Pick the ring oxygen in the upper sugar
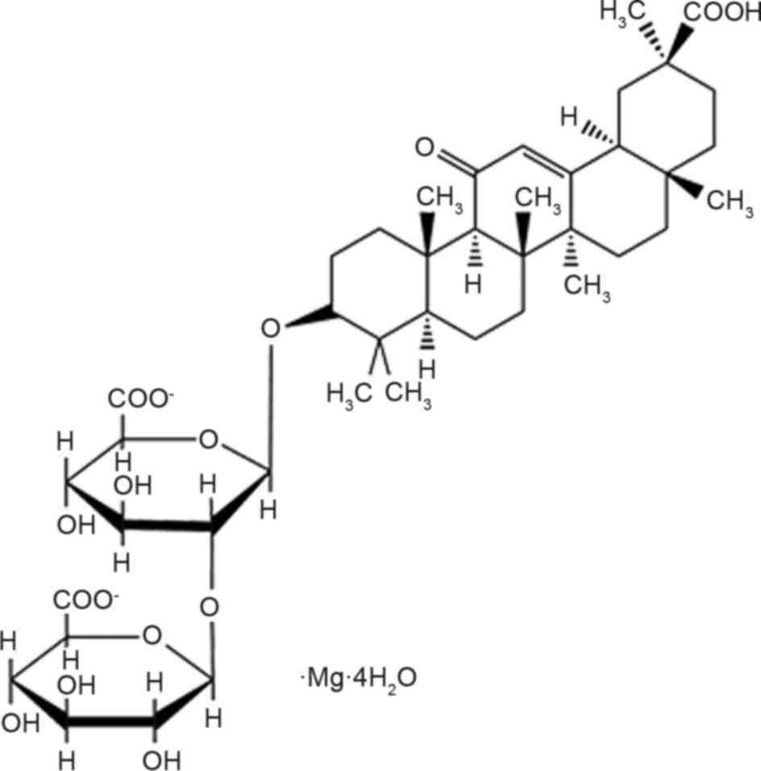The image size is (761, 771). [208, 441]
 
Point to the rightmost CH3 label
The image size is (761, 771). [729, 201]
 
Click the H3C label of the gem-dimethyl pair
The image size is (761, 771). [347, 394]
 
